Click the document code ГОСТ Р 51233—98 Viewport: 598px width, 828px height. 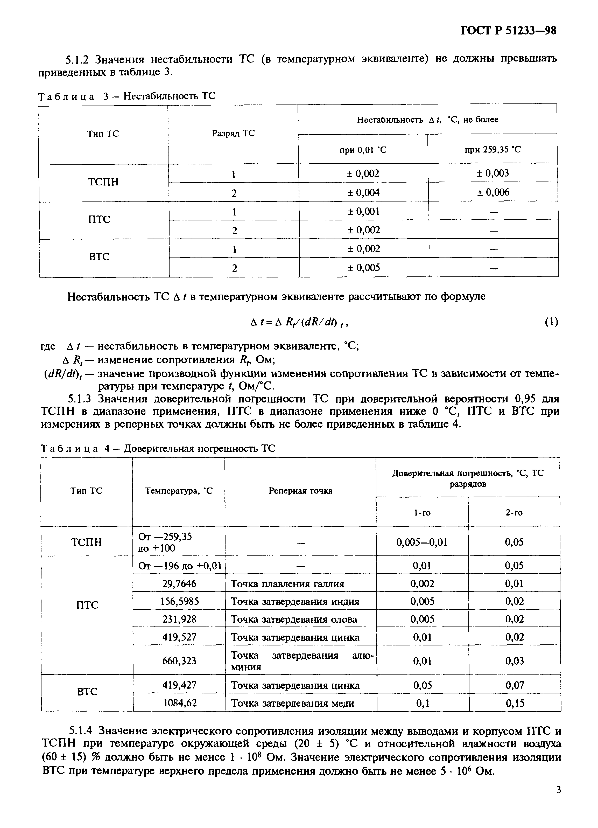[508, 31]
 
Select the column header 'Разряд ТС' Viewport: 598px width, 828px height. [233, 134]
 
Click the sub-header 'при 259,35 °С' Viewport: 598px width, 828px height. [493, 150]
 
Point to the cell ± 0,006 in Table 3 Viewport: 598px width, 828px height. [493, 192]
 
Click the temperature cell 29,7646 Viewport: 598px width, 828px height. [179, 584]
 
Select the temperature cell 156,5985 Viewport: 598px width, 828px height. [179, 601]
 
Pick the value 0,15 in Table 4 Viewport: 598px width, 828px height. [515, 703]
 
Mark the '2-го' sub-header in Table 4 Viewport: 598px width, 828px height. [514, 513]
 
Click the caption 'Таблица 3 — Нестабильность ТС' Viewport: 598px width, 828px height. [126, 96]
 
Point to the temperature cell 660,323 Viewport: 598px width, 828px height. [179, 661]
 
